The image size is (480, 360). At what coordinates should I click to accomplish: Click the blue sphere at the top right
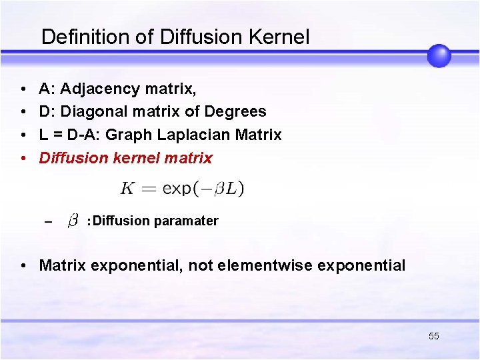click(x=439, y=55)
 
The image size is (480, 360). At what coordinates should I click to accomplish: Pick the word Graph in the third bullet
click(x=129, y=135)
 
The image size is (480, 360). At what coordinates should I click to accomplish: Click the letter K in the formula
click(x=128, y=189)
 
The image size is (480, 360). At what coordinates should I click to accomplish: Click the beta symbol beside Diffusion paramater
click(x=74, y=220)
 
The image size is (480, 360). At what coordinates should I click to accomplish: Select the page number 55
click(x=434, y=336)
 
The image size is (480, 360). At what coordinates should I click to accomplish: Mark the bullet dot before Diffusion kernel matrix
click(x=23, y=159)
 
